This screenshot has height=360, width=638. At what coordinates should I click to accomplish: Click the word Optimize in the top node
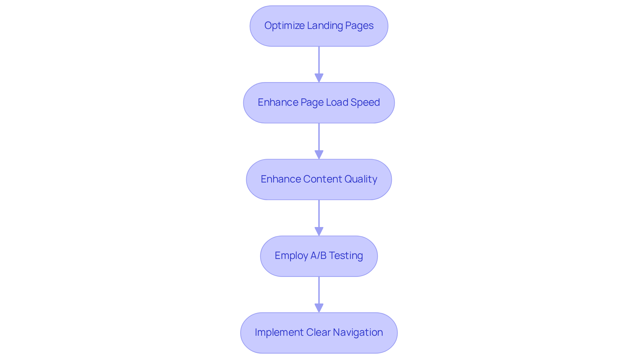click(x=284, y=26)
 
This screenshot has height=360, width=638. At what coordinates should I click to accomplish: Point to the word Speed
click(x=365, y=102)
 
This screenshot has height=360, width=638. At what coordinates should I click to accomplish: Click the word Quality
click(x=361, y=179)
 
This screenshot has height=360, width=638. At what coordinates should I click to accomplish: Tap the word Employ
click(x=291, y=256)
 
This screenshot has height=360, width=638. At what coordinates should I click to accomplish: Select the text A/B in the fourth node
click(x=318, y=256)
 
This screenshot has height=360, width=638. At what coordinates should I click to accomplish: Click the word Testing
click(x=346, y=256)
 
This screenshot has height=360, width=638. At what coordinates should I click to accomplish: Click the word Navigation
click(x=358, y=332)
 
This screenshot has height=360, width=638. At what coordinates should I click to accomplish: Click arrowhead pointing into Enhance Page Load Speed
click(x=319, y=78)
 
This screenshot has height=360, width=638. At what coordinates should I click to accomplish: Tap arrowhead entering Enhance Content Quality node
click(x=319, y=155)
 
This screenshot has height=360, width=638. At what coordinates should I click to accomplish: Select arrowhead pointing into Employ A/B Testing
click(x=319, y=231)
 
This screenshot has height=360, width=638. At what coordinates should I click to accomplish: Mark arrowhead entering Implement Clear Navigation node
click(x=319, y=308)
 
